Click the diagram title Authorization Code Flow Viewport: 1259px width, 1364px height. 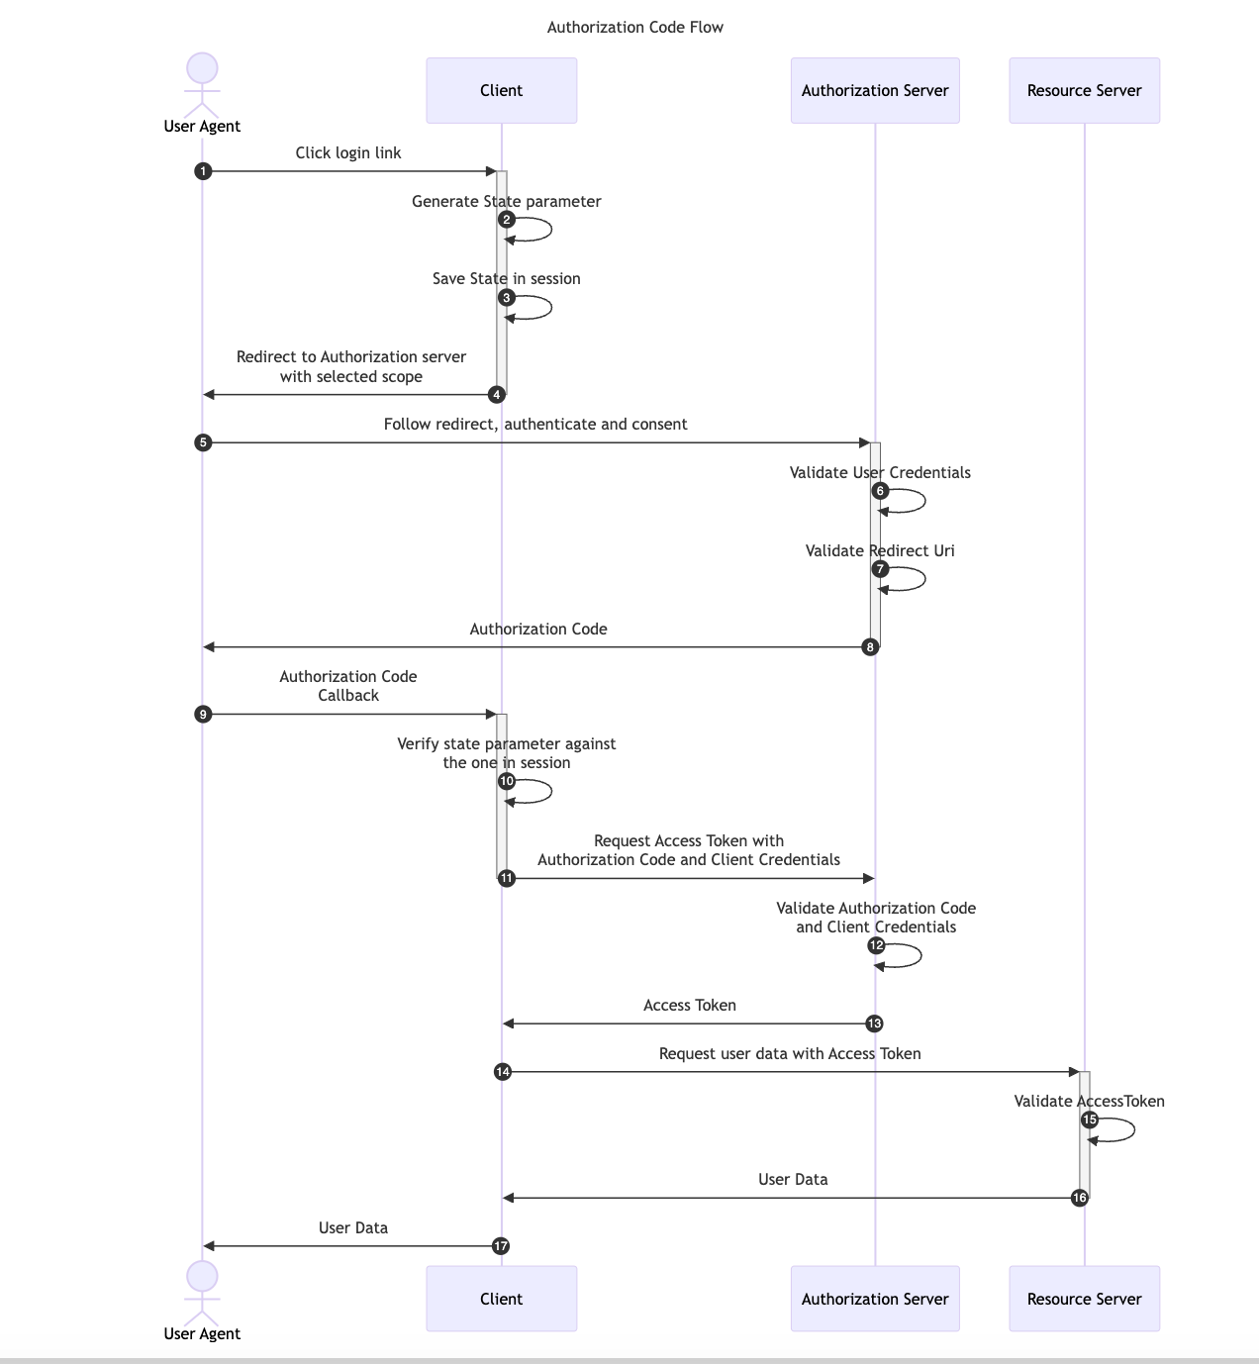pyautogui.click(x=634, y=28)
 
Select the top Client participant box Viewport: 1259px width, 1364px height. pyautogui.click(x=501, y=90)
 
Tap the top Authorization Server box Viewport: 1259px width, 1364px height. pyautogui.click(x=875, y=90)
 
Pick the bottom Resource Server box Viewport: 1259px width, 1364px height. pyautogui.click(x=1084, y=1299)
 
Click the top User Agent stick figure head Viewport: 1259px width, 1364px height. pyautogui.click(x=202, y=69)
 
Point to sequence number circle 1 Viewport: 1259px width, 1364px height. pyautogui.click(x=203, y=171)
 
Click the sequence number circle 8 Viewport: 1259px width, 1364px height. pyautogui.click(x=870, y=647)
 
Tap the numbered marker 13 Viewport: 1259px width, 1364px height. pyautogui.click(x=874, y=1023)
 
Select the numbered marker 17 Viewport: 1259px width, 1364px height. pyautogui.click(x=501, y=1246)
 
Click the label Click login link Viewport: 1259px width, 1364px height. pyautogui.click(x=348, y=152)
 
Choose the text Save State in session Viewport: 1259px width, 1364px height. pyautogui.click(x=506, y=279)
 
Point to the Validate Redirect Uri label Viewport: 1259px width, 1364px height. pyautogui.click(x=880, y=550)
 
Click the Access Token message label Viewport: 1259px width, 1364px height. pyautogui.click(x=689, y=1006)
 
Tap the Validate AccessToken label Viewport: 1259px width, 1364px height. pyautogui.click(x=1089, y=1101)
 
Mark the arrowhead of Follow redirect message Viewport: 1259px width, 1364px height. pyautogui.click(x=863, y=442)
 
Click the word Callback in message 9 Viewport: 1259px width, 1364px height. pyautogui.click(x=348, y=696)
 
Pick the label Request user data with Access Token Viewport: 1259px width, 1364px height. pyautogui.click(x=790, y=1053)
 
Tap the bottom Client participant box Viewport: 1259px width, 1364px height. pyautogui.click(x=501, y=1299)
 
